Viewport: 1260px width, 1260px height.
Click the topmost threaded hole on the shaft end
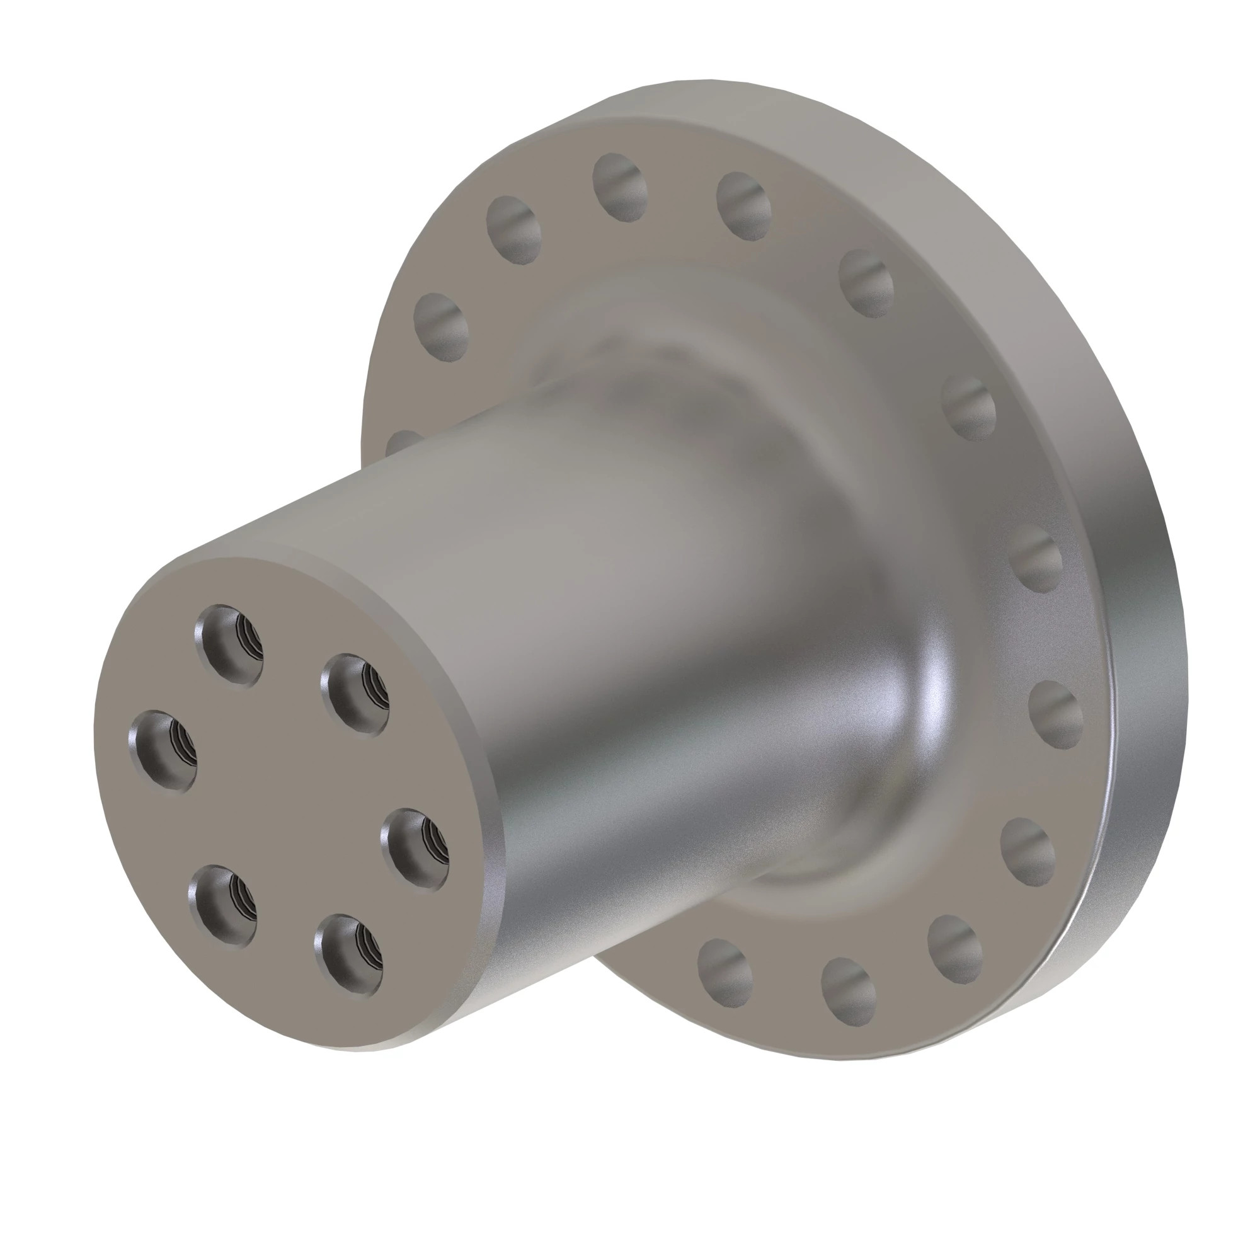click(228, 644)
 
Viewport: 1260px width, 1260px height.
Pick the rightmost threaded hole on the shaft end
click(415, 849)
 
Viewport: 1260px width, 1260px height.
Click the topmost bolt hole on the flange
click(619, 186)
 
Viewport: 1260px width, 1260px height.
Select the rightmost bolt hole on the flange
click(1055, 714)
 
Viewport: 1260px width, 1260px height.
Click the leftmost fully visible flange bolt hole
click(441, 327)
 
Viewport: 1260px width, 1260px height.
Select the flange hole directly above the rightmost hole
click(1037, 561)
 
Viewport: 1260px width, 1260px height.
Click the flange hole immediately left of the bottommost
click(724, 970)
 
